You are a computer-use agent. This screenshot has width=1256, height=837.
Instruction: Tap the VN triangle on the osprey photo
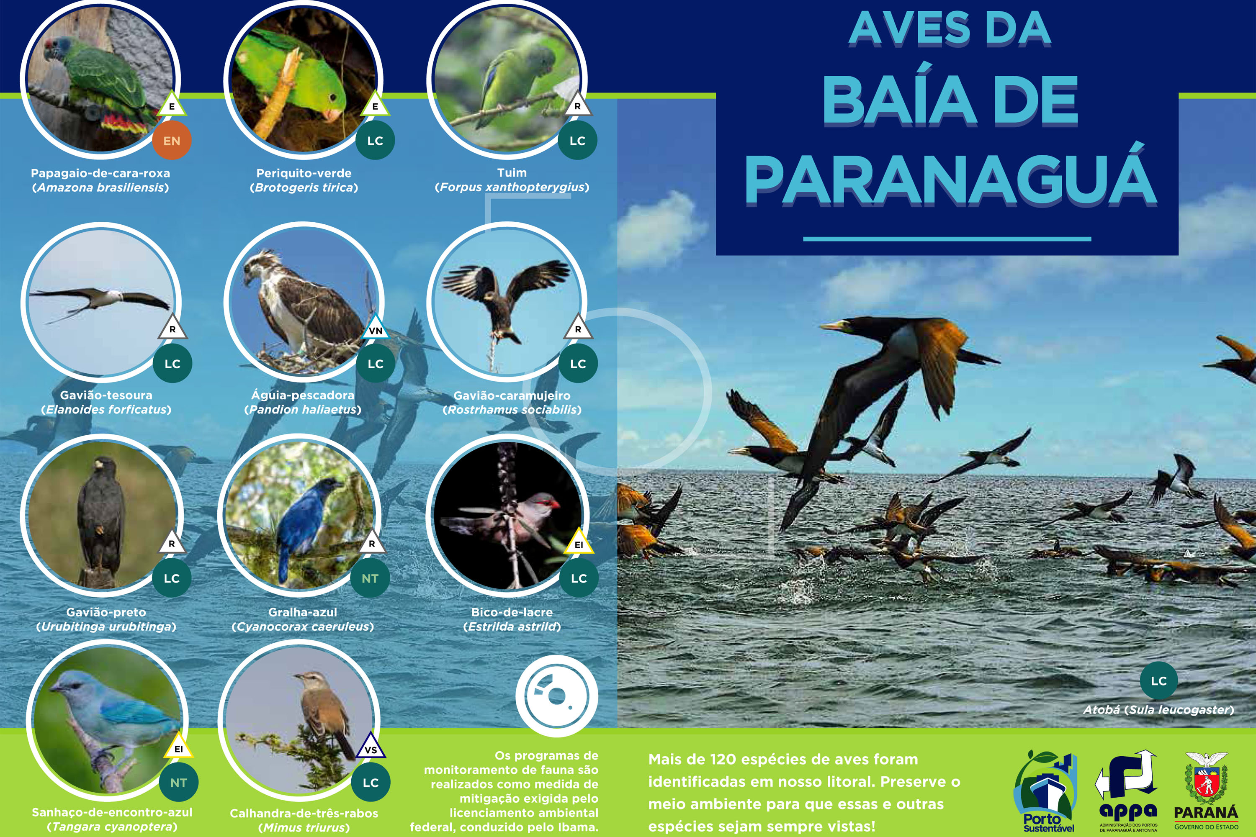pyautogui.click(x=376, y=330)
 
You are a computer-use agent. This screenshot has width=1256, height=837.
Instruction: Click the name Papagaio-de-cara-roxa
pyautogui.click(x=100, y=173)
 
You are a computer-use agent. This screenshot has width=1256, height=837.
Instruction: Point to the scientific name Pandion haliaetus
pyautogui.click(x=303, y=409)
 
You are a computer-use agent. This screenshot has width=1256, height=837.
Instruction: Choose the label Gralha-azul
pyautogui.click(x=303, y=612)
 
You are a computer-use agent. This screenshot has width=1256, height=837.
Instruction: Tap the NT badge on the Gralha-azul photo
pyautogui.click(x=370, y=578)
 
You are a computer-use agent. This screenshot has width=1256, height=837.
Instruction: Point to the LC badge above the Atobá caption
pyautogui.click(x=1158, y=680)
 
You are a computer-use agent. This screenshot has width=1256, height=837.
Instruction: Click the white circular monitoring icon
pyautogui.click(x=556, y=695)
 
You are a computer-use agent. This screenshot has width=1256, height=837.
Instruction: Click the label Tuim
pyautogui.click(x=512, y=172)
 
